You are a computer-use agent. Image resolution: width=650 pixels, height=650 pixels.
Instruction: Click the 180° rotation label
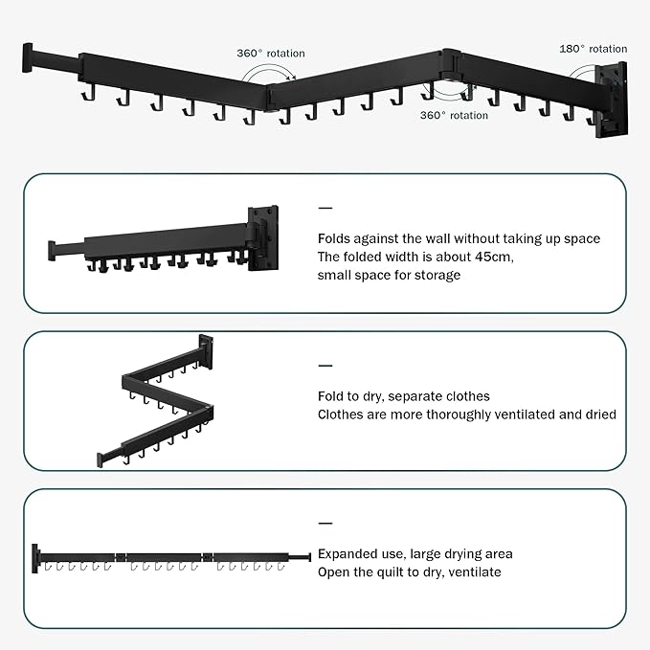[x=593, y=48]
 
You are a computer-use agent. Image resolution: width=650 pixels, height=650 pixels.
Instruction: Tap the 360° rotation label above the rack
[x=271, y=54]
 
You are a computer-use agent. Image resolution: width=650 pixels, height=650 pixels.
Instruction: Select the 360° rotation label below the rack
[x=454, y=115]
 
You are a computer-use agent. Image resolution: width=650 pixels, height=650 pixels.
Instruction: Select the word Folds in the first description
[x=335, y=238]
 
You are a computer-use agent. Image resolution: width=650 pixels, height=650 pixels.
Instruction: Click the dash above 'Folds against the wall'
[x=325, y=208]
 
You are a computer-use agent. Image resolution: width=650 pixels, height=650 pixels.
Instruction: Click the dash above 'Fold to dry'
[x=325, y=366]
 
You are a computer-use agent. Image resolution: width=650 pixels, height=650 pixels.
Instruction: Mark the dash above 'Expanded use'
[x=325, y=524]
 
